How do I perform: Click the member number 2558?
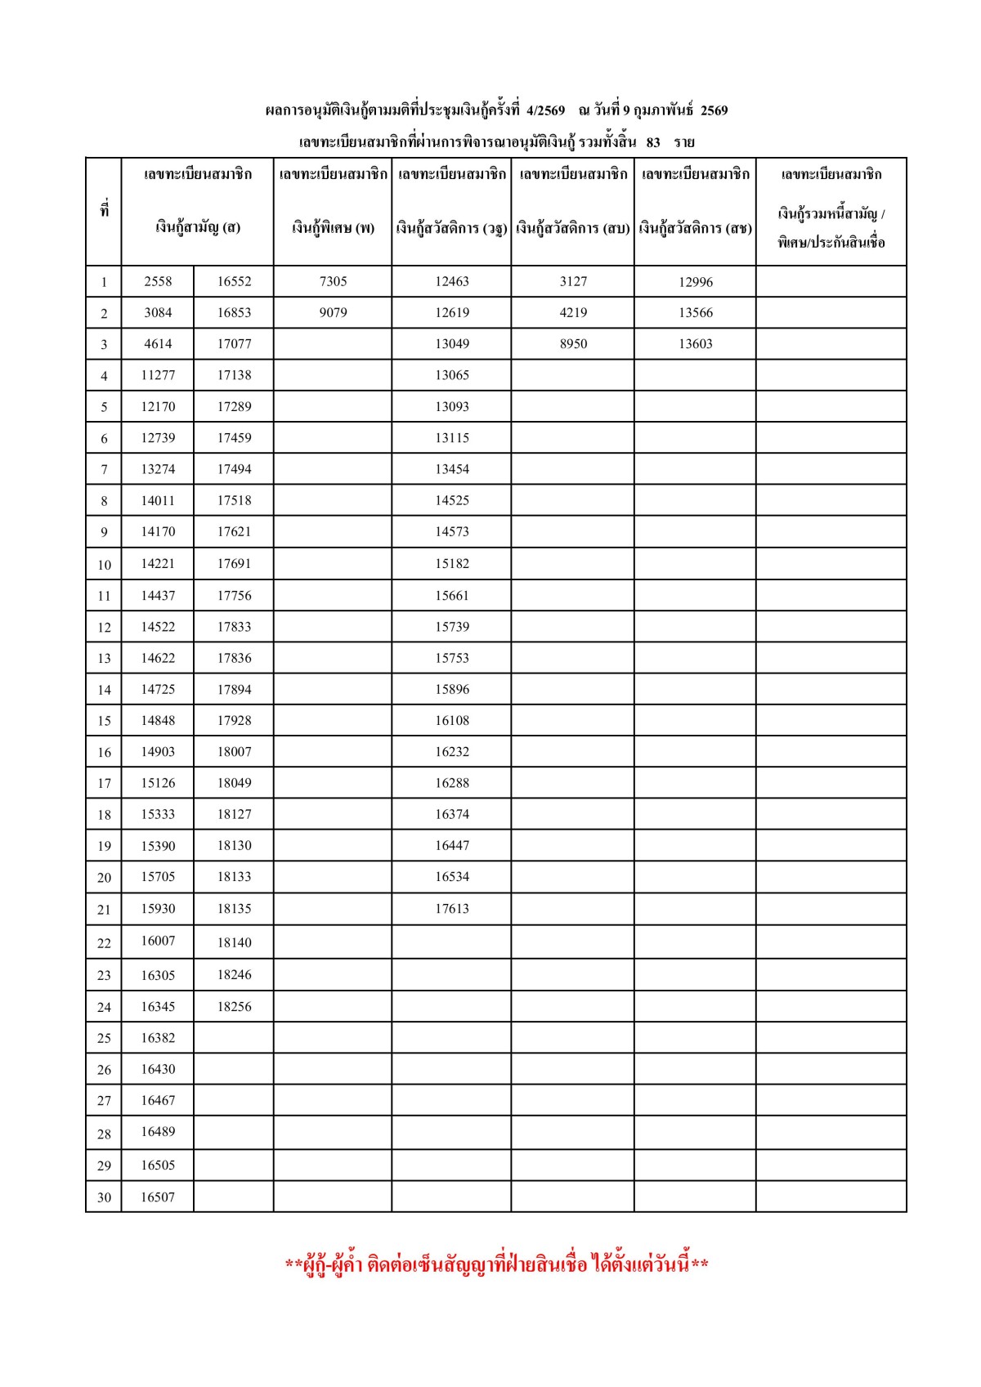coord(158,281)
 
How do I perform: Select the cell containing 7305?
coord(333,281)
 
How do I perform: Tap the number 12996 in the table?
coord(695,282)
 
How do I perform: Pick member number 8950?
coord(573,344)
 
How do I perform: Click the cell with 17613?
coord(451,909)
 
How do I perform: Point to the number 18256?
coord(234,1007)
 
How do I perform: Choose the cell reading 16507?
coord(158,1197)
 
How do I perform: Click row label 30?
coord(104,1197)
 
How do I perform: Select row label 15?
coord(104,721)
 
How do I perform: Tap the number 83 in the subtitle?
coord(653,142)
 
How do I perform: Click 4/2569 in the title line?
coord(545,110)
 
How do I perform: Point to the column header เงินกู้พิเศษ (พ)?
coord(333,228)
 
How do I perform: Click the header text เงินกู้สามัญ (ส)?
coord(198,228)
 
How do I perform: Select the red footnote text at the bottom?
coord(496,1265)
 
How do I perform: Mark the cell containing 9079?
coord(333,312)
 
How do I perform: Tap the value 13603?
coord(695,344)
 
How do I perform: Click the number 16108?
coord(451,721)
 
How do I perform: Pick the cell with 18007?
coord(234,752)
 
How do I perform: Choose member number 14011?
coord(158,500)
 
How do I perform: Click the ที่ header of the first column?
coord(104,210)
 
